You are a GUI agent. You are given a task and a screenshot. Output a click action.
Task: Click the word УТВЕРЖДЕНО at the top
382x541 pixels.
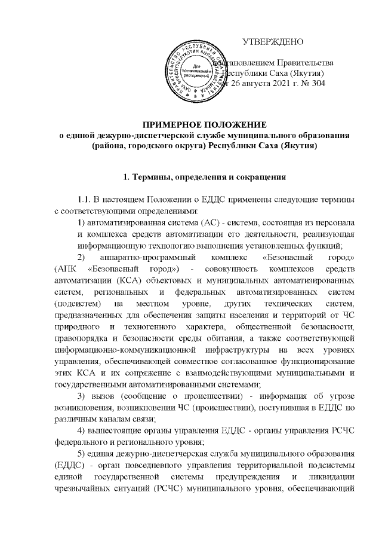(274, 42)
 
